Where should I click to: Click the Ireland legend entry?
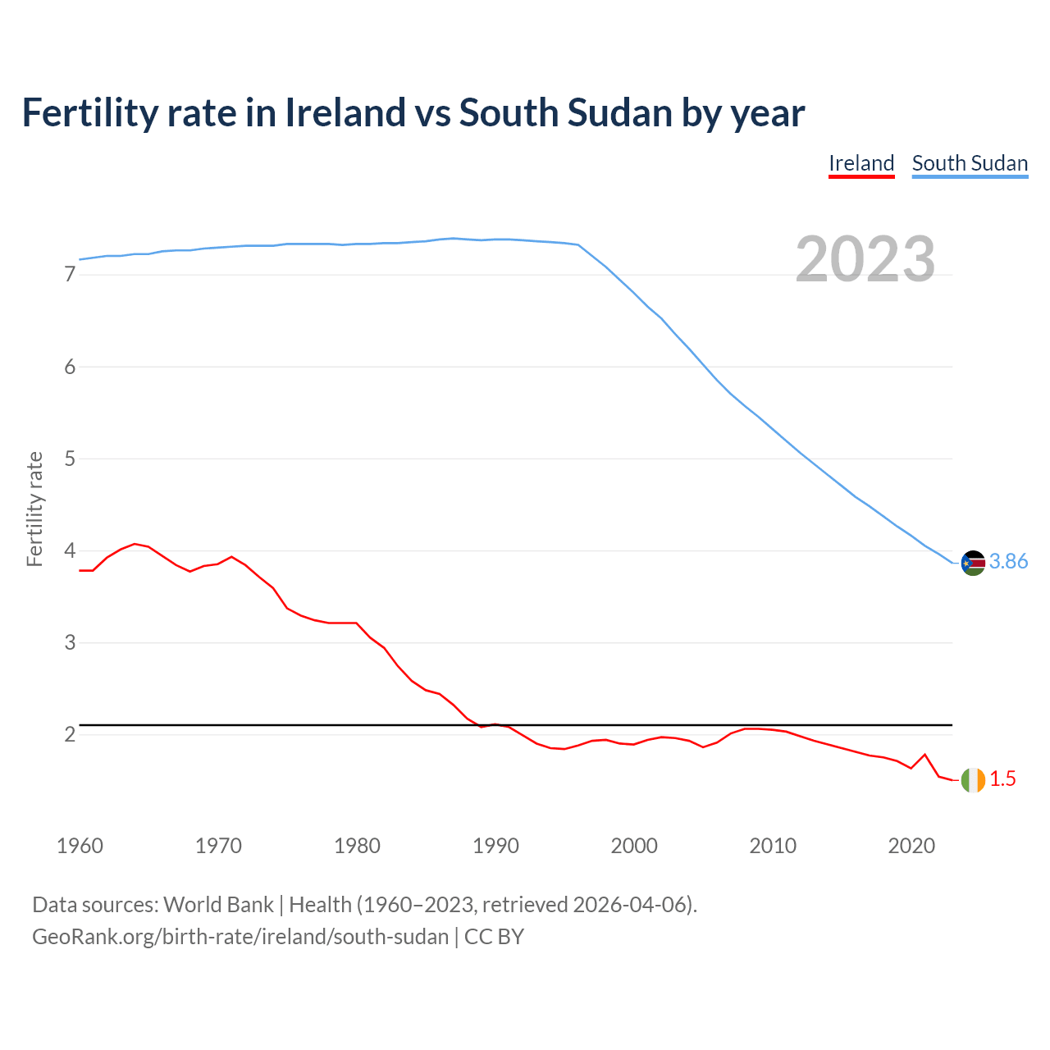(x=861, y=163)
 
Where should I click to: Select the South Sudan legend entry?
(x=970, y=163)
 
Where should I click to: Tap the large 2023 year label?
(x=865, y=259)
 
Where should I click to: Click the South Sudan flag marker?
(x=973, y=563)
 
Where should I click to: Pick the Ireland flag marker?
(x=973, y=779)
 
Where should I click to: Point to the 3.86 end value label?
(x=1008, y=562)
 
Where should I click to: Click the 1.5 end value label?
(x=1002, y=779)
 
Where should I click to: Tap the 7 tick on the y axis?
(x=70, y=275)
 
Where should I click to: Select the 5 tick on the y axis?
(x=70, y=459)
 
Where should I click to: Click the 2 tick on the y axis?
(x=70, y=734)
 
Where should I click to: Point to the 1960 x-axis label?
(x=80, y=846)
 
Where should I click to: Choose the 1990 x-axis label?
(x=495, y=846)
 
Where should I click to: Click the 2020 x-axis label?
(x=911, y=846)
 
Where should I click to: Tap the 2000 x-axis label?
(x=634, y=846)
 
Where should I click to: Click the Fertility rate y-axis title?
(x=34, y=509)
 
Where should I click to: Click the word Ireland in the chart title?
(x=345, y=112)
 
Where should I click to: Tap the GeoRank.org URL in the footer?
(x=240, y=937)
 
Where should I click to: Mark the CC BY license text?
(x=494, y=937)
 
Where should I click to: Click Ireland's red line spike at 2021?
(x=924, y=755)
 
